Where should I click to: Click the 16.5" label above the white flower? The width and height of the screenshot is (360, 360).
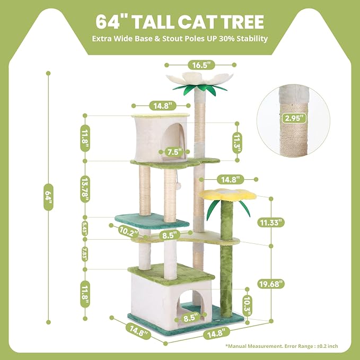[201, 65]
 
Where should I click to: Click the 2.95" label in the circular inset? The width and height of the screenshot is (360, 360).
[294, 117]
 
